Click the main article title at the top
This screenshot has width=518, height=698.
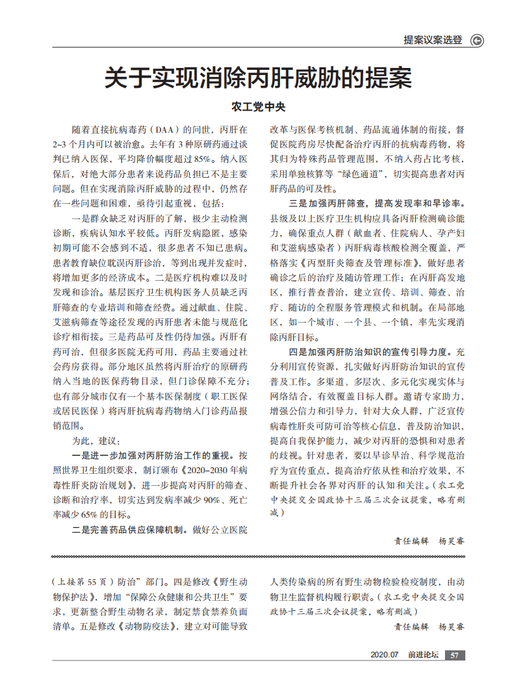pyautogui.click(x=258, y=79)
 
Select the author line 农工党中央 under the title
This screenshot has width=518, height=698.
pyautogui.click(x=258, y=107)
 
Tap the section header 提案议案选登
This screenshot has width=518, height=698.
pyautogui.click(x=433, y=40)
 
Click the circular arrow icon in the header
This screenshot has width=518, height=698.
pyautogui.click(x=477, y=41)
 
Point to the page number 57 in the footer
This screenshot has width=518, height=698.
pyautogui.click(x=455, y=655)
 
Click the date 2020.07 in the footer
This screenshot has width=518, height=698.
pyautogui.click(x=384, y=655)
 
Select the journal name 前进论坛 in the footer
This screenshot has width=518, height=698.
pyautogui.click(x=423, y=655)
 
